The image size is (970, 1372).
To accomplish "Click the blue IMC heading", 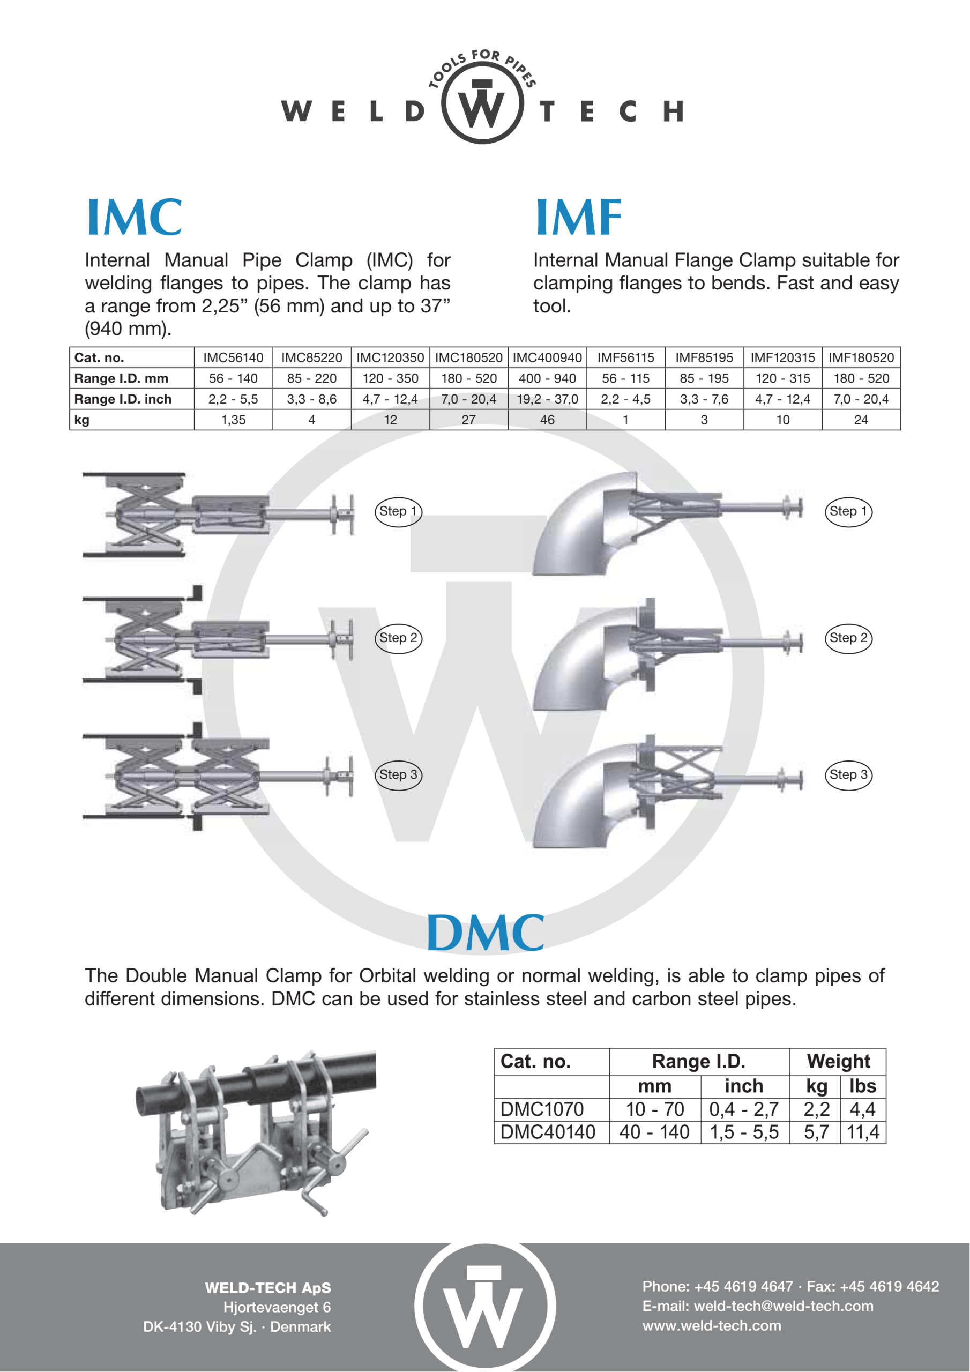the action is (x=135, y=217).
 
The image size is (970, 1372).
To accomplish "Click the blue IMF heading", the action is (x=579, y=217).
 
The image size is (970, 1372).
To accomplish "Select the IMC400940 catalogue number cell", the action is (x=548, y=357).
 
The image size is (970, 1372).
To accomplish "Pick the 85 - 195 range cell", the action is (x=704, y=378).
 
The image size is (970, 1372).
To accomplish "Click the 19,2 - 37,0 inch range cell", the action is (x=548, y=399).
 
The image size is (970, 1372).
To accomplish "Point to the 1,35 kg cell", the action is (x=233, y=420).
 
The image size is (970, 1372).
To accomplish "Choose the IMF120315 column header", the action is (x=783, y=357).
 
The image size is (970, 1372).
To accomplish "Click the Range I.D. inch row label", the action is (x=123, y=399).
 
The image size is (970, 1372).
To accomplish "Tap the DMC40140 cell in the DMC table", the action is (x=548, y=1132).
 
